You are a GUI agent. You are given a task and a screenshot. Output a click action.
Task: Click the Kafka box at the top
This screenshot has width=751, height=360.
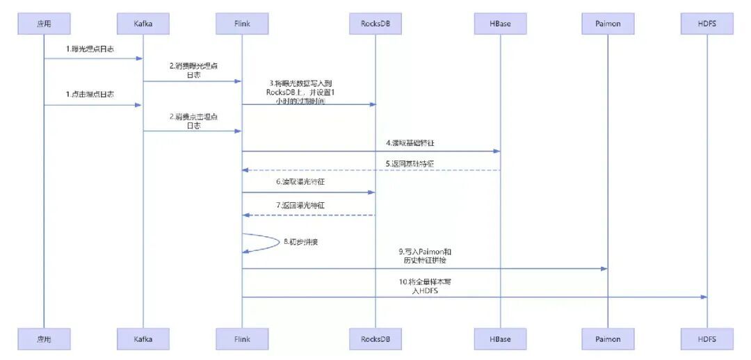tap(143, 24)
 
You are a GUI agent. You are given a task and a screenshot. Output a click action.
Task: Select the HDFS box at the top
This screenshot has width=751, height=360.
tap(707, 24)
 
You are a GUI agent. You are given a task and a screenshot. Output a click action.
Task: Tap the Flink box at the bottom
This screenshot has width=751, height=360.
tap(242, 339)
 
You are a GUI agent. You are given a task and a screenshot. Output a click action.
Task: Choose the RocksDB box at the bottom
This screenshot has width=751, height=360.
tap(375, 339)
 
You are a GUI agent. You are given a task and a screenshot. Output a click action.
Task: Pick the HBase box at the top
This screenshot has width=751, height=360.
tap(500, 24)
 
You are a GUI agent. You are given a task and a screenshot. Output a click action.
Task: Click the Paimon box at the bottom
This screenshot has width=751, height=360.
tap(608, 339)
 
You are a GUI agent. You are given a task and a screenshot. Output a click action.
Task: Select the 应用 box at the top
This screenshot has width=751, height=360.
tap(43, 24)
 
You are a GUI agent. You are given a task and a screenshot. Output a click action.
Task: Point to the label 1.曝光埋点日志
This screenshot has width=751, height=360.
tap(90, 50)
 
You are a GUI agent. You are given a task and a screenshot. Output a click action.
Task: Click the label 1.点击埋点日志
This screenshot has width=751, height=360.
tap(90, 95)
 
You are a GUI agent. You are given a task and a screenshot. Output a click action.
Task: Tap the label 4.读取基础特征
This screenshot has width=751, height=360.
tap(410, 143)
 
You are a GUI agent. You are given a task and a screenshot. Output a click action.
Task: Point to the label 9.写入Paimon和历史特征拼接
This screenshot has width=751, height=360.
tap(423, 255)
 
